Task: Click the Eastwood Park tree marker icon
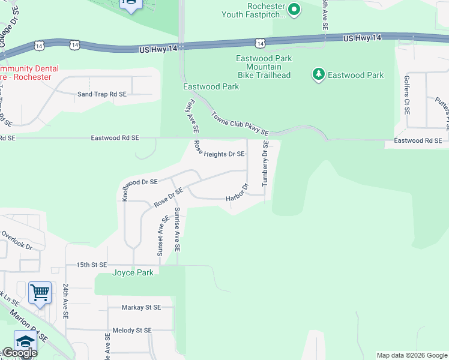coord(318,75)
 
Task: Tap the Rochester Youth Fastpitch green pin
coord(294,9)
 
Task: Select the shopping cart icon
coord(40,293)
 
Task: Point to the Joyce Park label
coord(133,272)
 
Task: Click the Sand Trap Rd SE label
coord(101,94)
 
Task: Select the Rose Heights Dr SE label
coord(219,149)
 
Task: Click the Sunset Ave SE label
coord(160,236)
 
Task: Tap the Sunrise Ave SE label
coord(177,230)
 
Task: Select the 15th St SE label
coord(91,265)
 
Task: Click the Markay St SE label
coord(141,307)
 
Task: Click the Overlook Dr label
coord(16,239)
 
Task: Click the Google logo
coord(19,353)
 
